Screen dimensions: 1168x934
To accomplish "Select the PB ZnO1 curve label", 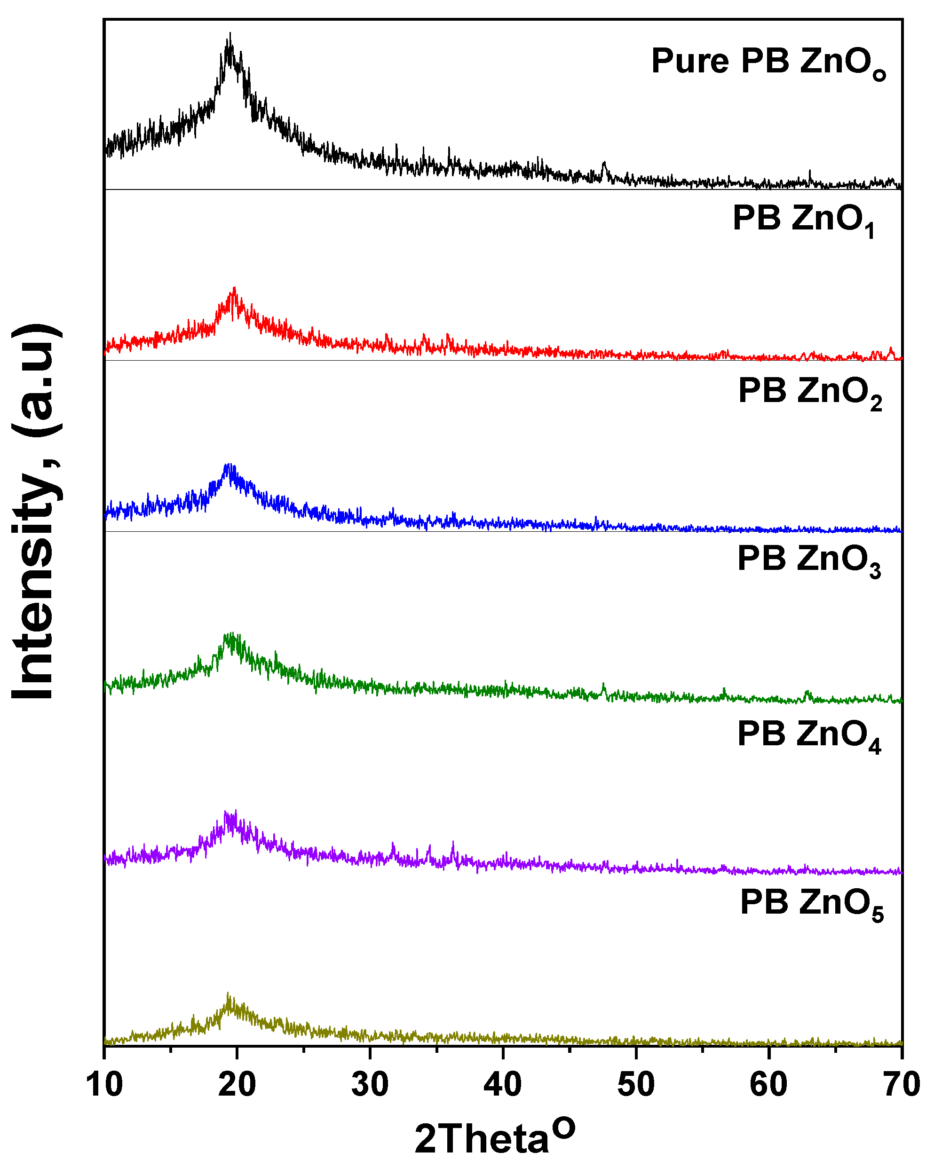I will [x=803, y=220].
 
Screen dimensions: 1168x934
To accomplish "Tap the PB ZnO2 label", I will [x=809, y=391].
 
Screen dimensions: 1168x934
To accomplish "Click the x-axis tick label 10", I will [x=104, y=1085].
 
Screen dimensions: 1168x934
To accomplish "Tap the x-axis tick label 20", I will [x=237, y=1085].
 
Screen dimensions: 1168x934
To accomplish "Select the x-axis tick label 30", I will [x=370, y=1085].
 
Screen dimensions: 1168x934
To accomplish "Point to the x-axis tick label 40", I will [x=503, y=1085].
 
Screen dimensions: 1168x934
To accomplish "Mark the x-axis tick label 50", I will [x=636, y=1085].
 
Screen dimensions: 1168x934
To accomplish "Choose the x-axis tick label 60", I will [x=769, y=1085].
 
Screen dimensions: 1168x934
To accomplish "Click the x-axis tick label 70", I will [x=902, y=1085].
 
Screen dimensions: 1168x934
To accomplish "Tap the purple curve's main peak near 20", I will [x=235, y=812].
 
